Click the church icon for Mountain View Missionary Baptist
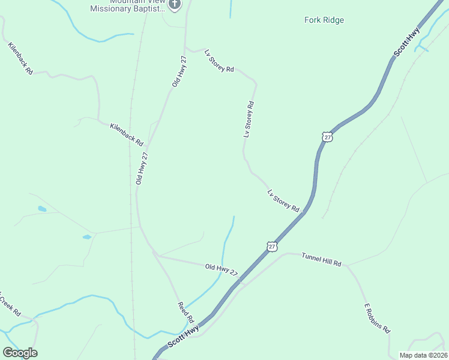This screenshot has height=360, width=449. (x=175, y=5)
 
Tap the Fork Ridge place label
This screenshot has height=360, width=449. (x=324, y=20)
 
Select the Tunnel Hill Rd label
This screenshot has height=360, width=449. (x=321, y=259)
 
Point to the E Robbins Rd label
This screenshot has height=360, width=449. (x=378, y=319)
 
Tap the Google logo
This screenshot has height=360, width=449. (x=20, y=353)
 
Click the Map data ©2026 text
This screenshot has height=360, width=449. (x=423, y=355)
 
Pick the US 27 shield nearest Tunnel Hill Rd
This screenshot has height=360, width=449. (x=272, y=246)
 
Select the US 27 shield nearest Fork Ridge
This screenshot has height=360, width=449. (x=327, y=137)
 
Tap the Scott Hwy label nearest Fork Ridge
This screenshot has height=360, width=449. (x=406, y=42)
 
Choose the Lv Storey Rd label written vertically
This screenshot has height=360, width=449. (x=249, y=119)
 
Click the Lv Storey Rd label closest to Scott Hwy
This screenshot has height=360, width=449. (x=283, y=200)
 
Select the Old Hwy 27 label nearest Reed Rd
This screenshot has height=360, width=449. (x=221, y=270)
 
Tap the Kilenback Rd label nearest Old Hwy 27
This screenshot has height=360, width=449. (x=127, y=134)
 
